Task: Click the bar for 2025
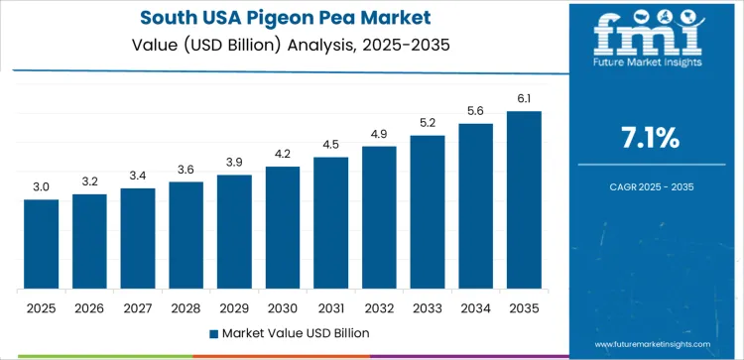(x=42, y=244)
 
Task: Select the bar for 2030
(x=282, y=227)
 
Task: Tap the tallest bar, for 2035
(x=524, y=199)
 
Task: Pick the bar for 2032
(x=379, y=217)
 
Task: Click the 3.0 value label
(x=42, y=185)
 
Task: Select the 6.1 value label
(x=524, y=97)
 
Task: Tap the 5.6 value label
(x=475, y=111)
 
